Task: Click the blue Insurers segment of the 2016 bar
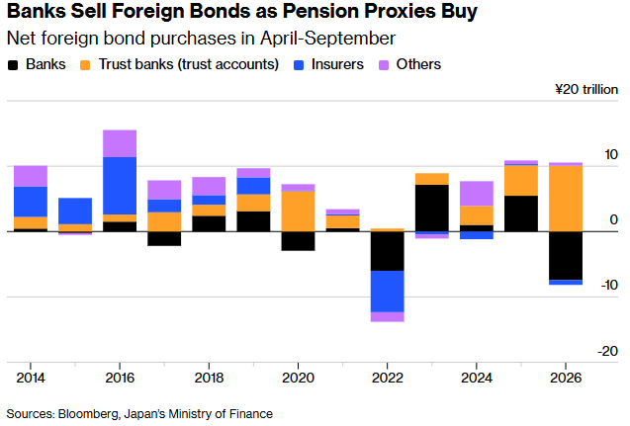(120, 186)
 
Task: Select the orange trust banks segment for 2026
(566, 199)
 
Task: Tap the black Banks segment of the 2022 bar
(388, 251)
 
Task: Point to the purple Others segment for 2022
(388, 317)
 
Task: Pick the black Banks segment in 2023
(432, 208)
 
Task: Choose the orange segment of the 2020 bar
(298, 212)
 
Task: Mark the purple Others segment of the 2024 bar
(477, 194)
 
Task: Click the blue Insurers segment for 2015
(75, 211)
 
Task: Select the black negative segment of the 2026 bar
(566, 256)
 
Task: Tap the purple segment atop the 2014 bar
(31, 176)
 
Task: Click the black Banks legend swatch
(13, 65)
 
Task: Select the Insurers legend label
(337, 64)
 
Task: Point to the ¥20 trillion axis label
(586, 89)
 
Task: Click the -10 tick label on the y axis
(609, 285)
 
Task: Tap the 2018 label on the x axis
(209, 378)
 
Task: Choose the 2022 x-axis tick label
(387, 378)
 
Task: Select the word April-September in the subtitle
(327, 40)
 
